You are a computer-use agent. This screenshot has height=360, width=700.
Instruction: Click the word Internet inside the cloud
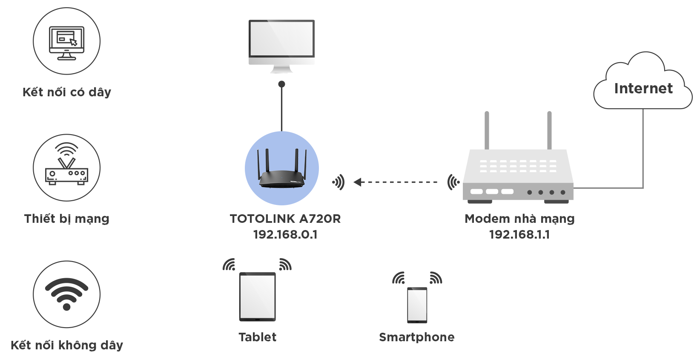(643, 89)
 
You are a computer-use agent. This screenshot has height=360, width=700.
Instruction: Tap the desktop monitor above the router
(281, 46)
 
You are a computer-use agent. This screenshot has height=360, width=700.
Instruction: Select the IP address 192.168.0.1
(285, 235)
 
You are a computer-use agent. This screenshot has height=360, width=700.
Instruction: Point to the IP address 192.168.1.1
(519, 235)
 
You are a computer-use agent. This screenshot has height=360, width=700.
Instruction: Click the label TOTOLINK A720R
(285, 219)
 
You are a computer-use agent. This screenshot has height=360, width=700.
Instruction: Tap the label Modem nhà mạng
(519, 219)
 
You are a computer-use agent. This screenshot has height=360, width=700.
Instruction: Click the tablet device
(258, 297)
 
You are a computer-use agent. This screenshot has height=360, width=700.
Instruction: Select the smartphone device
(417, 305)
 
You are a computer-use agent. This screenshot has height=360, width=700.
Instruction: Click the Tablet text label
(258, 337)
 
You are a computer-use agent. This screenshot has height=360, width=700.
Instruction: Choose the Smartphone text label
(417, 337)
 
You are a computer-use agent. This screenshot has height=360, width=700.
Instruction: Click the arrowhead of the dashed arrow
(357, 182)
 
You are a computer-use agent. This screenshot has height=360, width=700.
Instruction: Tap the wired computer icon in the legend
(66, 43)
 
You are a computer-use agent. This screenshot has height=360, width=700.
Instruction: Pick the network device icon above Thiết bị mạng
(66, 164)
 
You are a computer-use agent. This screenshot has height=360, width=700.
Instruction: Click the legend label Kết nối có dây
(67, 92)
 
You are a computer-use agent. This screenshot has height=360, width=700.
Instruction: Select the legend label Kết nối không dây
(67, 345)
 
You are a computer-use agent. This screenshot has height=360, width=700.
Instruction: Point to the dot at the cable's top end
(281, 84)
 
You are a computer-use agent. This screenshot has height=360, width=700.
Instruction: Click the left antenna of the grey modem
(487, 130)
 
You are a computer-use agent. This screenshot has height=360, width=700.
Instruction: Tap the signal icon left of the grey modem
(453, 182)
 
